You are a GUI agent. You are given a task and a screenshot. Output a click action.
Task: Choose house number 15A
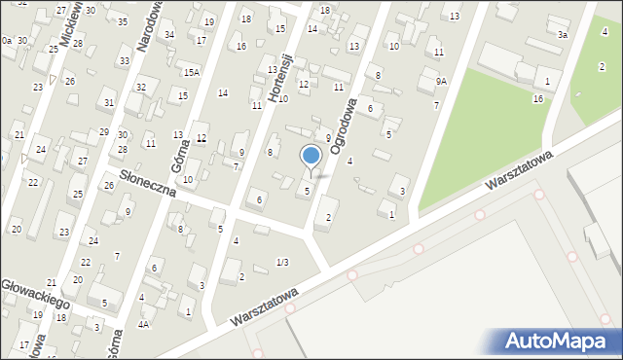coord(192,72)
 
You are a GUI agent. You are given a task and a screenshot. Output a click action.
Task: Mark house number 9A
coord(441,82)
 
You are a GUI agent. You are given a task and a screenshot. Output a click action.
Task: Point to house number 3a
coord(563,34)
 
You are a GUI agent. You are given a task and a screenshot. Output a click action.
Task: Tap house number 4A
coord(143,324)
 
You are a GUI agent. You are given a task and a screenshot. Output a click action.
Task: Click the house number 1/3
coord(282,262)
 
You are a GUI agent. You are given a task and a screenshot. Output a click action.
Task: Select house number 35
coord(122,21)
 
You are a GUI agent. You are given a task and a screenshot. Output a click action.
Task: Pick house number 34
coord(169,34)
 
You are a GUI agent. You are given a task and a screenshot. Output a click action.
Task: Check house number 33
coord(124,60)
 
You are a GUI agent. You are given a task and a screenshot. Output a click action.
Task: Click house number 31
coord(109,102)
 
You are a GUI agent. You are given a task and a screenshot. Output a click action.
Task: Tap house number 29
coord(104,131)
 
